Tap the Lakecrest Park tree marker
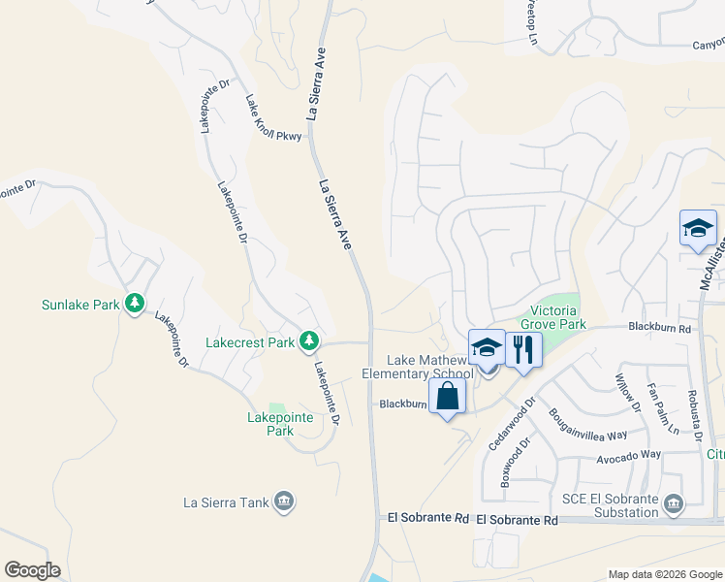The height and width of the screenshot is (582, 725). [309, 341]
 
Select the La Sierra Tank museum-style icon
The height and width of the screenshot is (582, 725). [284, 501]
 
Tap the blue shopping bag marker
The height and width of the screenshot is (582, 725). [447, 397]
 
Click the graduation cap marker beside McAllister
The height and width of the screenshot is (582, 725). [697, 229]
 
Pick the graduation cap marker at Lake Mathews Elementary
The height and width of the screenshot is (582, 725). [487, 348]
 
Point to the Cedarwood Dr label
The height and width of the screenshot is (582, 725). [512, 421]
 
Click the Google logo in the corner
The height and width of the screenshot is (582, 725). [32, 570]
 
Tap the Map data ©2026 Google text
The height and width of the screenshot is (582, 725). [664, 574]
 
